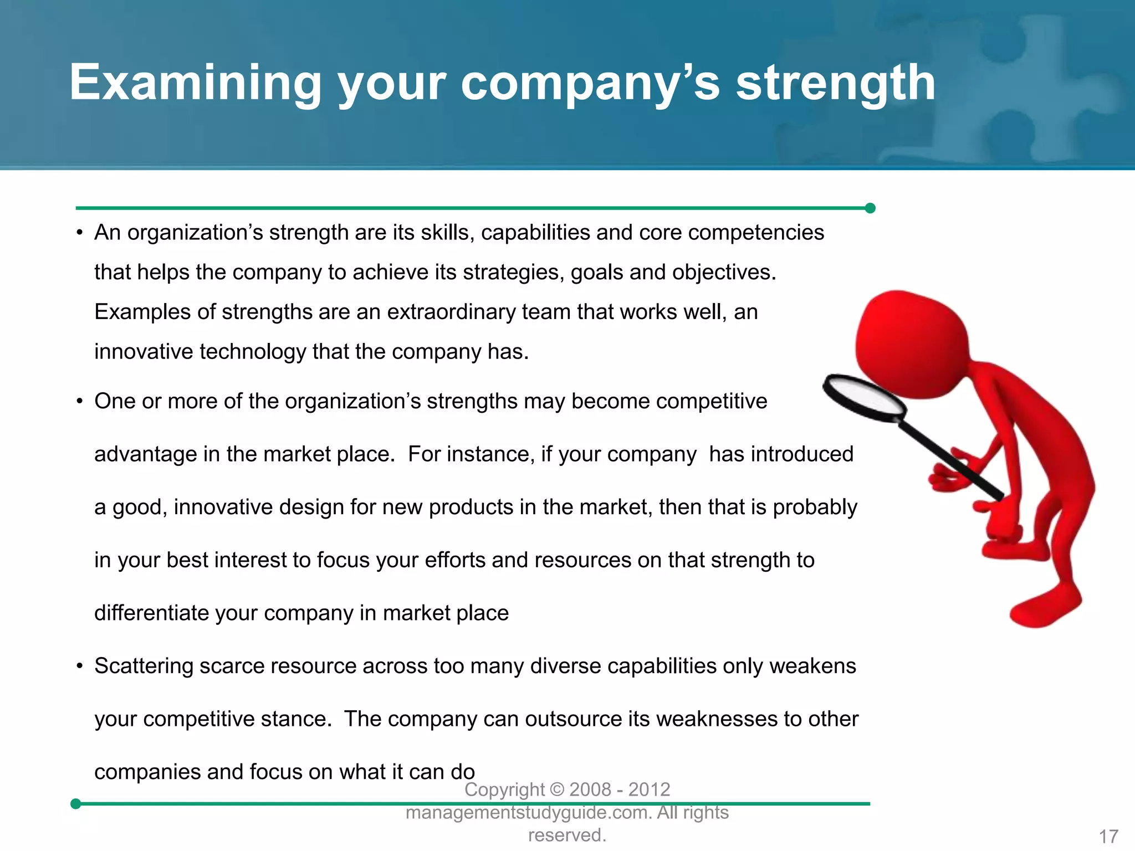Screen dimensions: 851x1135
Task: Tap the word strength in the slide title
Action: (x=835, y=83)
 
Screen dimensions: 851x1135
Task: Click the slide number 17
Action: (x=1108, y=836)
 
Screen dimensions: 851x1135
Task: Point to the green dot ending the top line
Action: (x=870, y=208)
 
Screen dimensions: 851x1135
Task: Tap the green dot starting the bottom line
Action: (x=76, y=804)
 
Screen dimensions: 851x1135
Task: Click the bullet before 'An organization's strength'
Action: (x=80, y=233)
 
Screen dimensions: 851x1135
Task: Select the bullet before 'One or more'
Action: (x=80, y=402)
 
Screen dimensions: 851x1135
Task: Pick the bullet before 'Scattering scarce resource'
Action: (x=80, y=667)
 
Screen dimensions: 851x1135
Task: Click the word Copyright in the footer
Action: (x=504, y=790)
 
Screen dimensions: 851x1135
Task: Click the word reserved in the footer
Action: (x=566, y=835)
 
